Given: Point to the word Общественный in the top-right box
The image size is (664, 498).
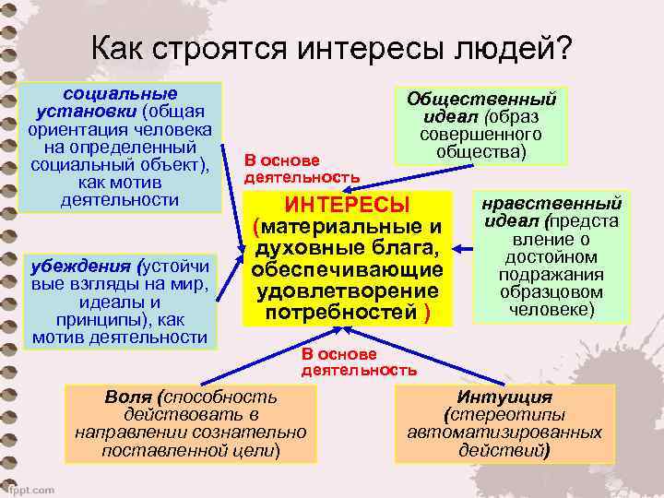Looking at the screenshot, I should [481, 98].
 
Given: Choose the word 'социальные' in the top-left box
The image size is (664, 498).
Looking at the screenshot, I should [119, 93].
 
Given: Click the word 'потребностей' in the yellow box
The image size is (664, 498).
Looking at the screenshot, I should [343, 313].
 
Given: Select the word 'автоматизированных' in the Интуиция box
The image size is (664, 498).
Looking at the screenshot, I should [504, 433].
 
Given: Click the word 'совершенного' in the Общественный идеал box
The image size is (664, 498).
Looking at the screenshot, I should [481, 134].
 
